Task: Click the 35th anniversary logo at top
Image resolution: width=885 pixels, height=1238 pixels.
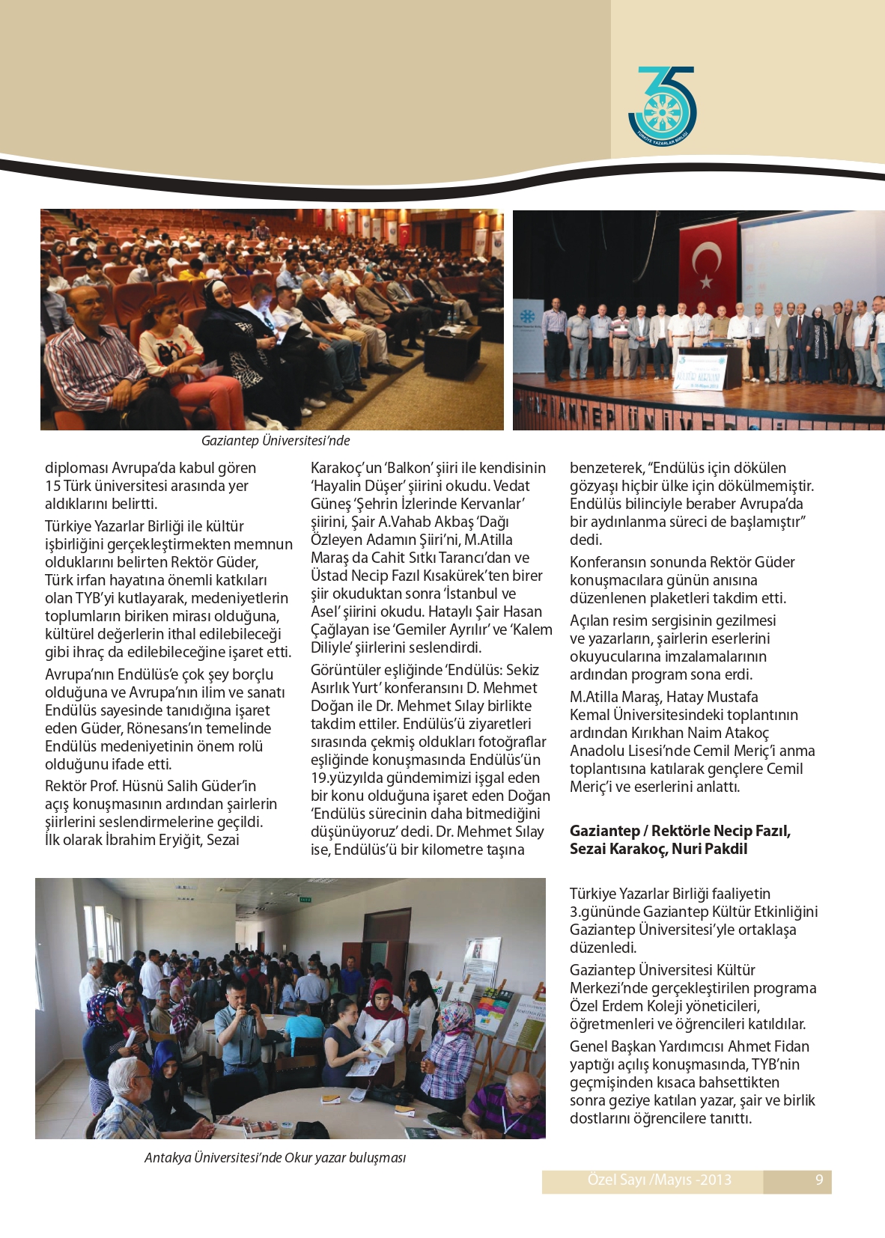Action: click(662, 106)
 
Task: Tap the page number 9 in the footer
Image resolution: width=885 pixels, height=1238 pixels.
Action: click(819, 1180)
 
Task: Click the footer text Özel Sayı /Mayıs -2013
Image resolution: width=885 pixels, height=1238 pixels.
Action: click(659, 1180)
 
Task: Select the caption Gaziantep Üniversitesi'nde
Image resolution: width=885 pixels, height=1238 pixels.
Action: click(276, 441)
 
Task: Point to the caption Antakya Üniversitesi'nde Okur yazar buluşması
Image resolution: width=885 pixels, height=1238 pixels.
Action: click(275, 1158)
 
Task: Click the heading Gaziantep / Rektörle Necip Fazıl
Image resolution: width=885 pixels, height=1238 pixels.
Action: click(680, 831)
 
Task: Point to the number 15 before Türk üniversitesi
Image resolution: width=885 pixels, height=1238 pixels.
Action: click(52, 486)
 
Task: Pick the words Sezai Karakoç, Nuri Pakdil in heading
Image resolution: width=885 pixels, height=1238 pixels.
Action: click(658, 849)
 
